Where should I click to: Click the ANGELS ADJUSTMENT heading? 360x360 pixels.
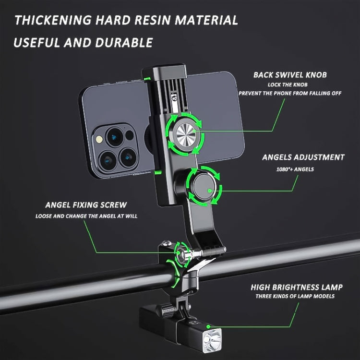pyautogui.click(x=303, y=157)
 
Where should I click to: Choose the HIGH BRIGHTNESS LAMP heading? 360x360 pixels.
pyautogui.click(x=296, y=287)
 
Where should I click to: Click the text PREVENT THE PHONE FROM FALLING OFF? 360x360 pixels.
pyautogui.click(x=290, y=93)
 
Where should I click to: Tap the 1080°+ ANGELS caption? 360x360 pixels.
pyautogui.click(x=288, y=169)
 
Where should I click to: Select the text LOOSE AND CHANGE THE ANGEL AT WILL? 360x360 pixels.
pyautogui.click(x=86, y=216)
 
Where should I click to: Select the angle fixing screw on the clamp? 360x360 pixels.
pyautogui.click(x=182, y=255)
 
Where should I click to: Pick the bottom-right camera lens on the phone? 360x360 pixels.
pyautogui.click(x=127, y=156)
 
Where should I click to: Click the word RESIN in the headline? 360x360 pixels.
pyautogui.click(x=153, y=20)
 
